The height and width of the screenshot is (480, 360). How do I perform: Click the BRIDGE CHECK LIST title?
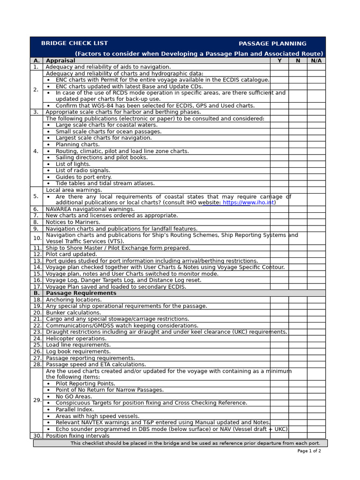click(67, 44)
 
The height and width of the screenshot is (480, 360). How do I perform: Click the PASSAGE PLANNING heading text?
click(272, 44)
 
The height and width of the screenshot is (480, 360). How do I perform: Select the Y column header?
click(279, 60)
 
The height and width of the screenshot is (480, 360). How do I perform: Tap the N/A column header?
click(316, 60)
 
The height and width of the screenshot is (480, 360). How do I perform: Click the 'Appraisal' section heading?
click(60, 60)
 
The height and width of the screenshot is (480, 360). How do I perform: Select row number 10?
click(37, 238)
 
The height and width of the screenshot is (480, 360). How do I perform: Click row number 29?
click(37, 400)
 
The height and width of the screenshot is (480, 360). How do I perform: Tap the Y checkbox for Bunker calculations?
click(279, 313)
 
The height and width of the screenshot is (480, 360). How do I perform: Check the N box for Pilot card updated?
click(298, 255)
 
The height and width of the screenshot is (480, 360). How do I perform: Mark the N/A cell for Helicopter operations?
click(316, 338)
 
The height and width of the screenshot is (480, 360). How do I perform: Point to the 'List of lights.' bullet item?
click(73, 164)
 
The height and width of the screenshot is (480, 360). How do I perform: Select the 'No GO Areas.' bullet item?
click(74, 397)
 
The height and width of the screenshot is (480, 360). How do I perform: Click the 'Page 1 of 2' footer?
click(309, 451)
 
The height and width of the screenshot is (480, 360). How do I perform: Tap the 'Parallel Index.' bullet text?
click(75, 409)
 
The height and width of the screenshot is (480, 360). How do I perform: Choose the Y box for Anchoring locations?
click(279, 300)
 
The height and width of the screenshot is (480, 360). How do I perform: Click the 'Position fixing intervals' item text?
click(78, 435)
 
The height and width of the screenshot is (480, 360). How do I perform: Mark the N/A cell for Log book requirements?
click(316, 352)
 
